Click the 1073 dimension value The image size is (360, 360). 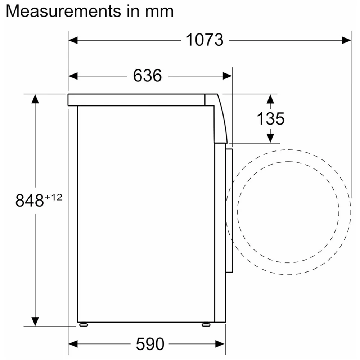pyautogui.click(x=204, y=40)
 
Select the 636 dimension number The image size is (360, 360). pyautogui.click(x=147, y=76)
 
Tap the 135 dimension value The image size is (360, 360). pyautogui.click(x=270, y=118)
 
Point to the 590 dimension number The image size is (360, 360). pyautogui.click(x=150, y=344)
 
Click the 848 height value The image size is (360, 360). pyautogui.click(x=30, y=200)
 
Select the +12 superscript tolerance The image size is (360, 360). pyautogui.click(x=54, y=197)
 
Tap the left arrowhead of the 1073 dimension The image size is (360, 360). pyautogui.click(x=73, y=40)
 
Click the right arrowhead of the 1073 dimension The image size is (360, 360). pyautogui.click(x=346, y=40)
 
